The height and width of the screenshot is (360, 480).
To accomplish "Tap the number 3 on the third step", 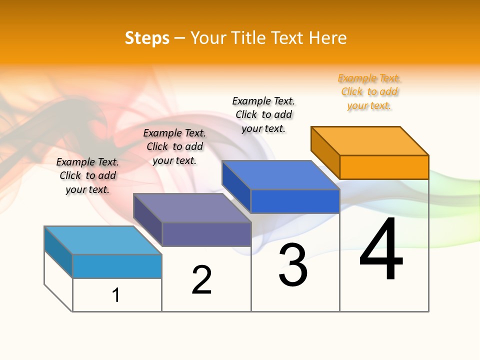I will pos(292,265).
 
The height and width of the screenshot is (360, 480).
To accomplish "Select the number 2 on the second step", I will pos(202,280).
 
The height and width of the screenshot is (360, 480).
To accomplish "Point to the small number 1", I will pos(116,295).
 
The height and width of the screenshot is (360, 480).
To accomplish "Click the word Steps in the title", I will pos(147,38).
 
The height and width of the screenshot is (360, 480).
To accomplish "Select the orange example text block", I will pos(369,92).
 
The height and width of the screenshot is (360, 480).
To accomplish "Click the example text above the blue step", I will pos(263,114).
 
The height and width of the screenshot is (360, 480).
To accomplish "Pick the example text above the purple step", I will pos(174,146).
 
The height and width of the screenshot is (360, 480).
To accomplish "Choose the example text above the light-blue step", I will pos(87,175).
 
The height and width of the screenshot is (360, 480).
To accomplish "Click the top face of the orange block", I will pos(370,140).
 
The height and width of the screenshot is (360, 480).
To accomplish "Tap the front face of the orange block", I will pos(384,167).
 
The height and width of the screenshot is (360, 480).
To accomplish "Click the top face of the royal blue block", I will pos(281,175).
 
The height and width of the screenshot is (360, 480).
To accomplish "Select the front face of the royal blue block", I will pos(295,201).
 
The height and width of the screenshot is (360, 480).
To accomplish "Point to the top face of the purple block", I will pos(192,207).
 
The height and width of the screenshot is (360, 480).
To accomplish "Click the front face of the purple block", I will pos(206,234).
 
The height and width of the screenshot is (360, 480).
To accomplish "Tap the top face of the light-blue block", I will pos(103,240).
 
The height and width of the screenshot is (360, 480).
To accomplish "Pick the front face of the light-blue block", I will pos(117,266).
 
